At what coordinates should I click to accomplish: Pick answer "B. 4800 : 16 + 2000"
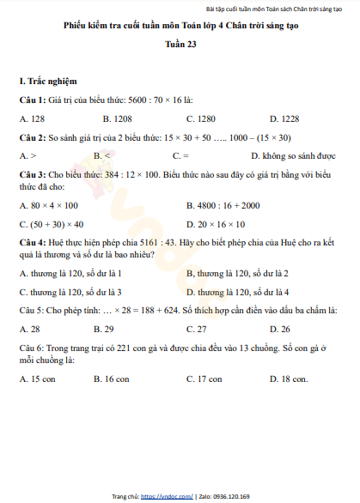tap(223, 206)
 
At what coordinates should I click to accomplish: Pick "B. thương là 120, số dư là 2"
tap(237, 274)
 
